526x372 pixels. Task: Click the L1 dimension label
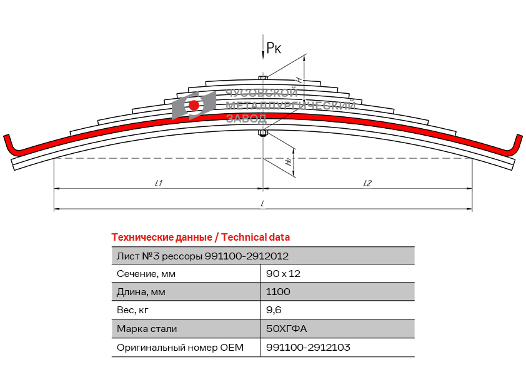[x=159, y=183]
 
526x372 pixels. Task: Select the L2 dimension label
[x=367, y=183]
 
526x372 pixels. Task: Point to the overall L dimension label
[x=262, y=204]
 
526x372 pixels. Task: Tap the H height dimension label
[x=300, y=80]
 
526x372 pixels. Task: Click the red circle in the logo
[x=194, y=105]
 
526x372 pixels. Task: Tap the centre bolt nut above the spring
[x=263, y=78]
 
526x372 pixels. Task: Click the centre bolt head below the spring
[x=263, y=133]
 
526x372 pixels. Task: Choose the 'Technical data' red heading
[x=201, y=238]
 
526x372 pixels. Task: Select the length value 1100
[x=278, y=292]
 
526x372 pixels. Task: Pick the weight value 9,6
[x=274, y=310]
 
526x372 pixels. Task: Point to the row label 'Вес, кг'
[x=133, y=310]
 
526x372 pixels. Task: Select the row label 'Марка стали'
[x=147, y=329]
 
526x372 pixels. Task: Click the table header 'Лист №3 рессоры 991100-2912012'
[x=202, y=256]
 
